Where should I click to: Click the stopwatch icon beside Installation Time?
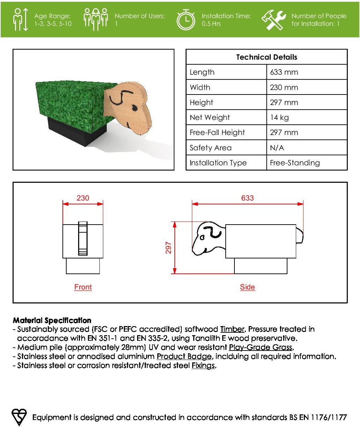tap(186, 20)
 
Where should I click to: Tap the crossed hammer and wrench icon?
tap(273, 20)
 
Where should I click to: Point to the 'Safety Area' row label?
tap(210, 148)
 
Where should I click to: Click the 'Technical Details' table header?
tap(267, 57)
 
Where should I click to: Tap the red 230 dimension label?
tap(83, 198)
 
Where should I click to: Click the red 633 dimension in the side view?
tap(247, 198)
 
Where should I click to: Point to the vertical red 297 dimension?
tap(169, 248)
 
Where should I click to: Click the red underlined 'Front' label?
tap(83, 287)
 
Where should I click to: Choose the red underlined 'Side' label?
tap(247, 287)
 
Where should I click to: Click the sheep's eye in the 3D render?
tap(134, 109)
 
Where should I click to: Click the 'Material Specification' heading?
tap(52, 320)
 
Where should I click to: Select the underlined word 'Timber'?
tap(232, 329)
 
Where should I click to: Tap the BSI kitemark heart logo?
tap(19, 417)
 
